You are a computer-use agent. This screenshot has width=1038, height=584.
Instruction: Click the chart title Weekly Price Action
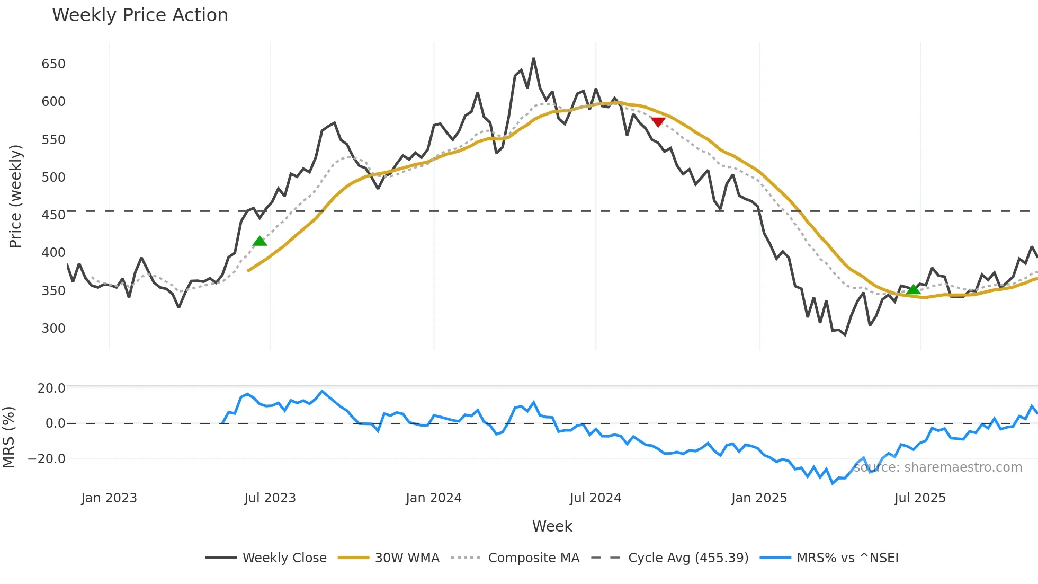pos(140,15)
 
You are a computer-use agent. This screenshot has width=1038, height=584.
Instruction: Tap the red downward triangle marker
pos(658,122)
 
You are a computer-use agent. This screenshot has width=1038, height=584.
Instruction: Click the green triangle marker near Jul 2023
pos(259,241)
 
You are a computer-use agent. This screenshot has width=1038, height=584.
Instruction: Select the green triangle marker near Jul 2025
pos(913,289)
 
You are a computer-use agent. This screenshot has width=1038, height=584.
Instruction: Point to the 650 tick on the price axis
pos(53,64)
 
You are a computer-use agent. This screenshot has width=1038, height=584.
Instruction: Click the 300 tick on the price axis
pos(53,329)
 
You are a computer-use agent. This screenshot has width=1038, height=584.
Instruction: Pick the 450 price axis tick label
pos(53,215)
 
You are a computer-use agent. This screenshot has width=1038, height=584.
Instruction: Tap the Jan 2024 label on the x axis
pos(434,498)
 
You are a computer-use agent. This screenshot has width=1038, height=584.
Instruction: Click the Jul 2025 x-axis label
pos(920,498)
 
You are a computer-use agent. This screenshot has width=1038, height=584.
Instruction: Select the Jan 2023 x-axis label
pos(109,498)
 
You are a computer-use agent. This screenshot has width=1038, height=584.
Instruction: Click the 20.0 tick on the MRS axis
pos(51,388)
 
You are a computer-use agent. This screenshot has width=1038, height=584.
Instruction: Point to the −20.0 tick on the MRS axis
pos(47,459)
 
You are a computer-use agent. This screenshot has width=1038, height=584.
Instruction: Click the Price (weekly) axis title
pos(15,196)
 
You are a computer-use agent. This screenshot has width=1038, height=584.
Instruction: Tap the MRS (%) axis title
pos(8,437)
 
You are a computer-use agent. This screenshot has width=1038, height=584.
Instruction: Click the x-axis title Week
pos(552,526)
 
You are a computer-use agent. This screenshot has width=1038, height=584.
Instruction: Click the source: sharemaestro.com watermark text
pos(938,467)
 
